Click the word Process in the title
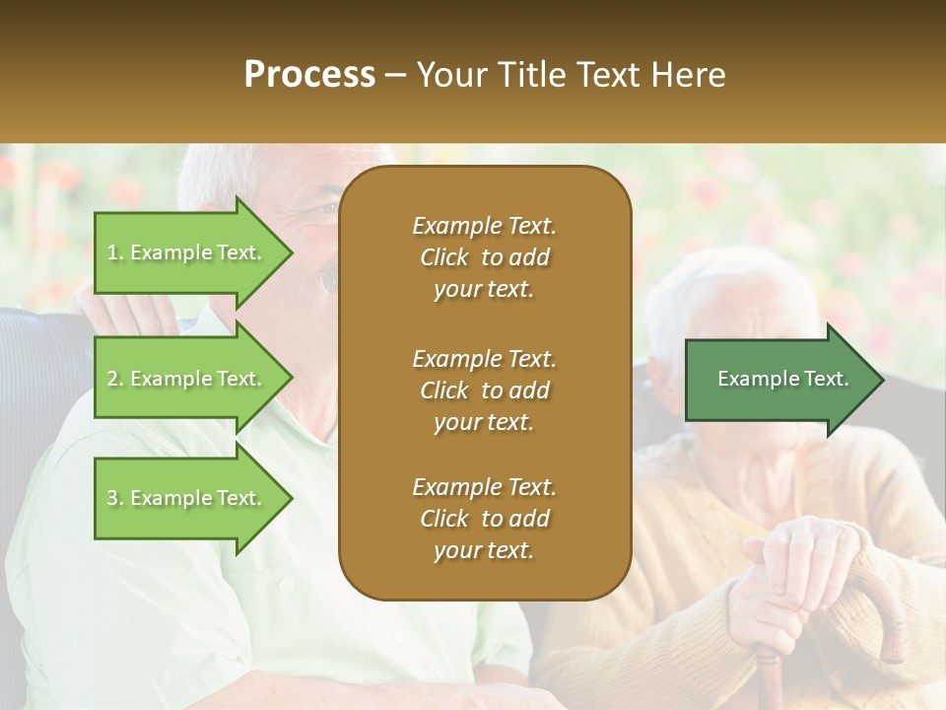point(309,75)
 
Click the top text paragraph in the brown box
point(484,257)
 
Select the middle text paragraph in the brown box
point(484,390)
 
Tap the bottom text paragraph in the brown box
point(484,519)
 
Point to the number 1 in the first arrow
point(112,252)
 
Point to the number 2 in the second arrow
point(112,379)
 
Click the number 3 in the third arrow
point(112,498)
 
